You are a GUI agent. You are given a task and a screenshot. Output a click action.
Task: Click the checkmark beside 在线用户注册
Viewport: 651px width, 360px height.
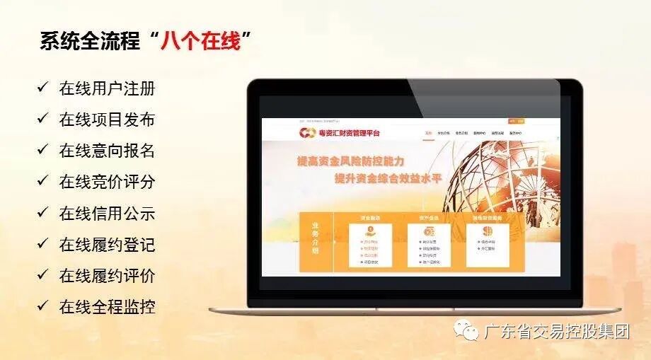[43, 88]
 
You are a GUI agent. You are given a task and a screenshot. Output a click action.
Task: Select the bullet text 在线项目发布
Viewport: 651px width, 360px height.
[107, 120]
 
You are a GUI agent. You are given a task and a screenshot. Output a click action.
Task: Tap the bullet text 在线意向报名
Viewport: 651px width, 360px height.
[107, 151]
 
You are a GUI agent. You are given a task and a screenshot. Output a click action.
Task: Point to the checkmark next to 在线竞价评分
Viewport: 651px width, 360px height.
[43, 181]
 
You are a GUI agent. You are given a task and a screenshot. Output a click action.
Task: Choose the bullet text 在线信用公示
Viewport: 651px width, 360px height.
[107, 214]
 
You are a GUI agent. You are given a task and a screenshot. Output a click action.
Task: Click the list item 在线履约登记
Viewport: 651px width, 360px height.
[107, 245]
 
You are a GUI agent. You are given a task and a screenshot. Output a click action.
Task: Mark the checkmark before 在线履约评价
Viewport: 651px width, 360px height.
[43, 275]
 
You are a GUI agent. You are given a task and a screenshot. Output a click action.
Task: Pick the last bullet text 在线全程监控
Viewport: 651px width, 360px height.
[107, 307]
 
